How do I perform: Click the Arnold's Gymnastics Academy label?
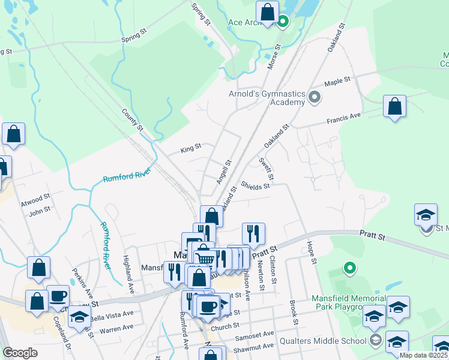(x=267, y=98)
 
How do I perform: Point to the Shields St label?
(x=255, y=187)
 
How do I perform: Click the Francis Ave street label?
(x=343, y=118)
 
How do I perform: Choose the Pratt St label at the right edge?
(x=372, y=236)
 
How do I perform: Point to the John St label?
(x=40, y=210)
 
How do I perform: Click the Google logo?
(x=19, y=353)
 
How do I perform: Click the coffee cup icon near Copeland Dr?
(x=58, y=296)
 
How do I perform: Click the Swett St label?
(x=267, y=169)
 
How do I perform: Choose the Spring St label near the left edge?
(x=134, y=37)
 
